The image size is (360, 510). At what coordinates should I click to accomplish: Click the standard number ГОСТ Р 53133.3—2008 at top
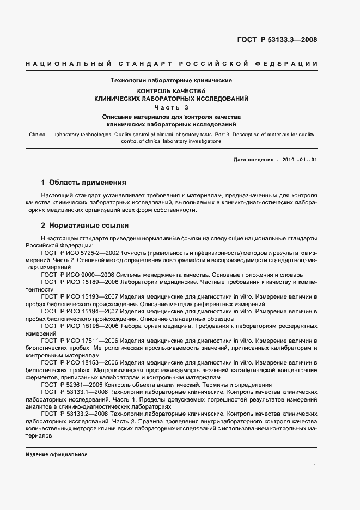(277, 40)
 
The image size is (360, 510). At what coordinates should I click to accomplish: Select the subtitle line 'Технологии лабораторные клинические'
(172, 80)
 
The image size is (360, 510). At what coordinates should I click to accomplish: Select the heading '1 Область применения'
(84, 183)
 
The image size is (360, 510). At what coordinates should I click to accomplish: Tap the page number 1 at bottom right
(315, 466)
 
